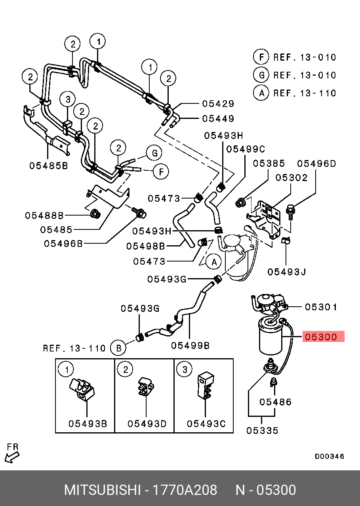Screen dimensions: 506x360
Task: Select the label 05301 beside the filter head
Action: point(321,307)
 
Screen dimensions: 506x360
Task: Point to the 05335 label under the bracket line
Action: point(262,430)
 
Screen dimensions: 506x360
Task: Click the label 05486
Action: point(276,402)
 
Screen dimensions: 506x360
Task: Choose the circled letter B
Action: point(118,348)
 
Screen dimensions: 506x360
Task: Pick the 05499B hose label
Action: point(190,346)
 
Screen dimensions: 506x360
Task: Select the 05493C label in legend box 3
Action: point(206,424)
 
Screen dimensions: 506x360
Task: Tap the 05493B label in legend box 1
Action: point(88,424)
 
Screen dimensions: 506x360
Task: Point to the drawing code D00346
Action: point(330,456)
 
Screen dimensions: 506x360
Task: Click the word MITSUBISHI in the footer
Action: point(102,490)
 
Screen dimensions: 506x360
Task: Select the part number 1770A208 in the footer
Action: point(185,490)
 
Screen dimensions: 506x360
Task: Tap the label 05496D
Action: point(316,164)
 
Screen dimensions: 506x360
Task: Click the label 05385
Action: point(269,164)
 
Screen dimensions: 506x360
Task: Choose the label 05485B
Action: point(49,166)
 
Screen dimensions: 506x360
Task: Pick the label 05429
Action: point(218,104)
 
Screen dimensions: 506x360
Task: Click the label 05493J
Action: point(286,272)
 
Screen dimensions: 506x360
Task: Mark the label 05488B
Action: point(44,216)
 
